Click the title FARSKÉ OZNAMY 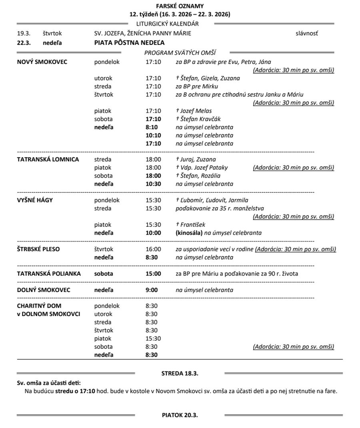pos(180,6)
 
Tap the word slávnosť pos(307,33)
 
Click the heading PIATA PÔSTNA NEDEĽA pos(129,42)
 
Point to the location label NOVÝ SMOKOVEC pos(42,62)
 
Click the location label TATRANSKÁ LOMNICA pos(48,159)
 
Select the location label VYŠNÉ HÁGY pos(35,200)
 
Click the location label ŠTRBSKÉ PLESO pos(38,249)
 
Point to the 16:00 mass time pos(153,249)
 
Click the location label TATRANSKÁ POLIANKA pos(49,274)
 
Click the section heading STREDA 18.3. pos(180,373)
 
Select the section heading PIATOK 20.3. pos(180,415)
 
